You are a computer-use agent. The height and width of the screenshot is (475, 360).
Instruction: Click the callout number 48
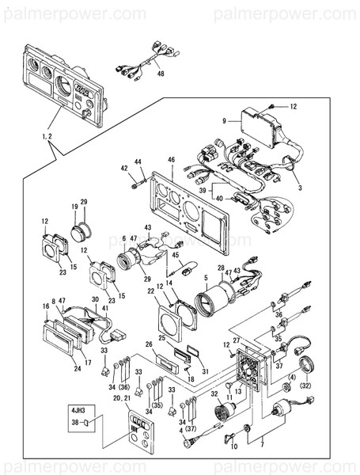(x=161, y=74)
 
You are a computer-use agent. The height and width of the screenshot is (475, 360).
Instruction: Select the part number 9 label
(x=225, y=121)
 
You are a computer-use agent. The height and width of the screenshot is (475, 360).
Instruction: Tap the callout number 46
(x=171, y=160)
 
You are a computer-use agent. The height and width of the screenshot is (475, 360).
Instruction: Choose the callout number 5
(x=206, y=278)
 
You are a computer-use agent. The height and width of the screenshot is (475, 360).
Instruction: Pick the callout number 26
(x=148, y=344)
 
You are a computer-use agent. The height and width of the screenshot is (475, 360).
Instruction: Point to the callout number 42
(x=124, y=168)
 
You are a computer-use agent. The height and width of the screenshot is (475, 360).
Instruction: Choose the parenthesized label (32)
(x=305, y=387)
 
